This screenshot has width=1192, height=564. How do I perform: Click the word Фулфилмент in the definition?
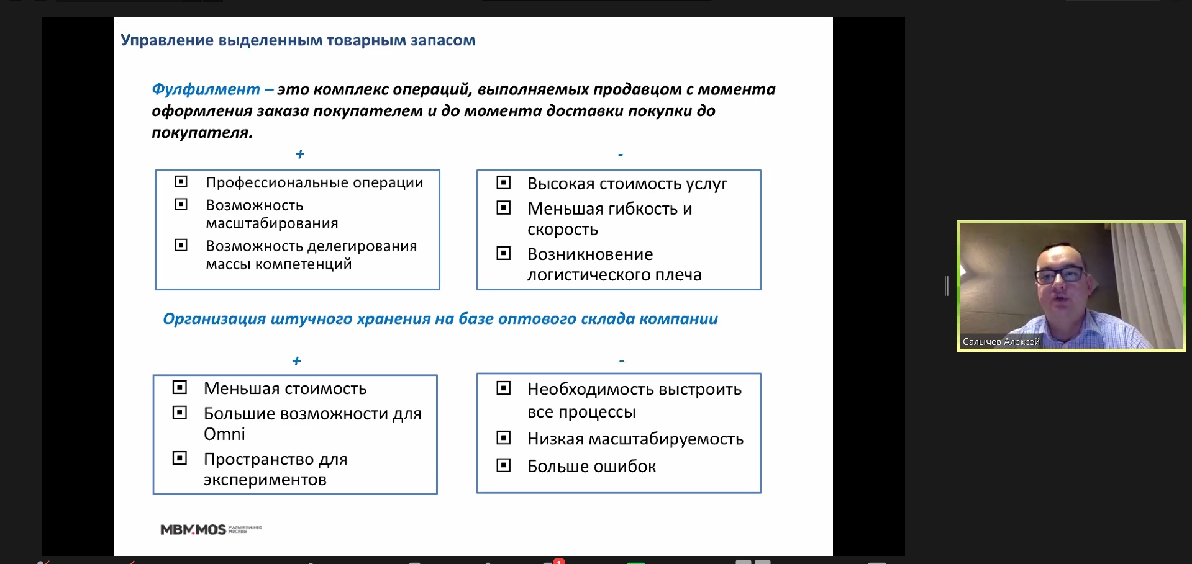(206, 89)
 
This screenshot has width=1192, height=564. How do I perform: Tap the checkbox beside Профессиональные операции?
(181, 181)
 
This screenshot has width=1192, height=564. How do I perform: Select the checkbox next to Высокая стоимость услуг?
(504, 182)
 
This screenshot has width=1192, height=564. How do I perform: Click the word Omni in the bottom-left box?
(224, 434)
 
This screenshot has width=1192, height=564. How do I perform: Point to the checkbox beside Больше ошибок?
(504, 465)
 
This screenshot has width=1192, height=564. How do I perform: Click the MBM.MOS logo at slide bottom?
(194, 529)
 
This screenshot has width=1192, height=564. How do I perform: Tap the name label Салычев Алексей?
(1001, 342)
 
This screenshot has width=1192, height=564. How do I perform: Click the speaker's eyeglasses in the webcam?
(1060, 274)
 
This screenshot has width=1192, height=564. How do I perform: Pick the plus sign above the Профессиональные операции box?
(300, 154)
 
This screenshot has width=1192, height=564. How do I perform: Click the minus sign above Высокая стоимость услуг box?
(621, 154)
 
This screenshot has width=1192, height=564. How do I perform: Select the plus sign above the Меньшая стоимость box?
(297, 360)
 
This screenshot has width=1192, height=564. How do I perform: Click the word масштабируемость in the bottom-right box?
(666, 439)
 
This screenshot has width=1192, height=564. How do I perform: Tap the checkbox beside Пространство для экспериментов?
(180, 458)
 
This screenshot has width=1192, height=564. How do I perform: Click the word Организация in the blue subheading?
(214, 319)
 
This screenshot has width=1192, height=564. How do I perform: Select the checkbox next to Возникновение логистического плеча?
(504, 253)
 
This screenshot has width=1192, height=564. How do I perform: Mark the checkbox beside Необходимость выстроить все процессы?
(504, 388)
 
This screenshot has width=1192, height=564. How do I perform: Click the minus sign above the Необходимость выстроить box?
(621, 360)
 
